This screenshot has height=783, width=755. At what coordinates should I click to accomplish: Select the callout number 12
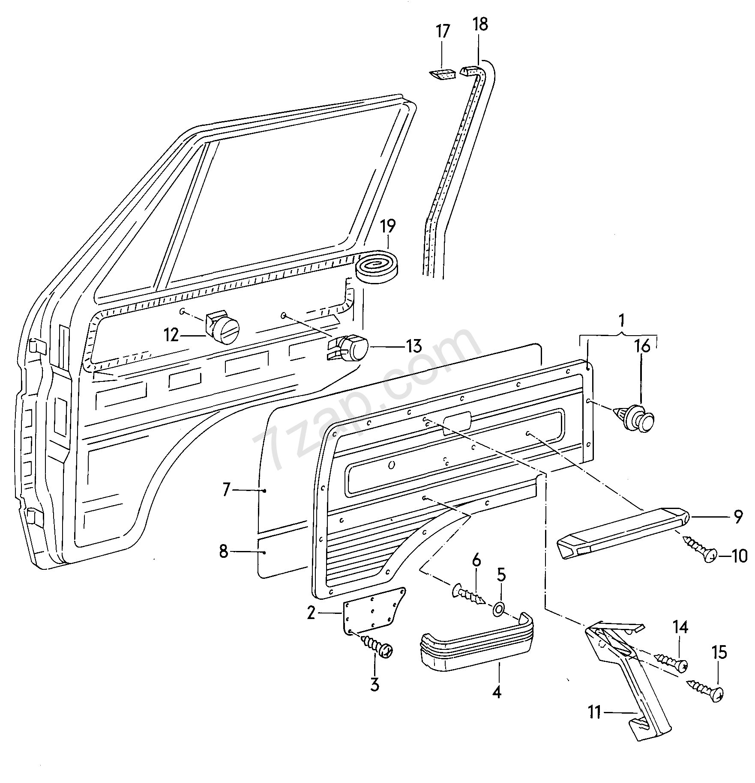171,335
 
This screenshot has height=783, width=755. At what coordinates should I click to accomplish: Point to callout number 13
414,345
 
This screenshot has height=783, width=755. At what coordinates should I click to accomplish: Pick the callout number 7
227,489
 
